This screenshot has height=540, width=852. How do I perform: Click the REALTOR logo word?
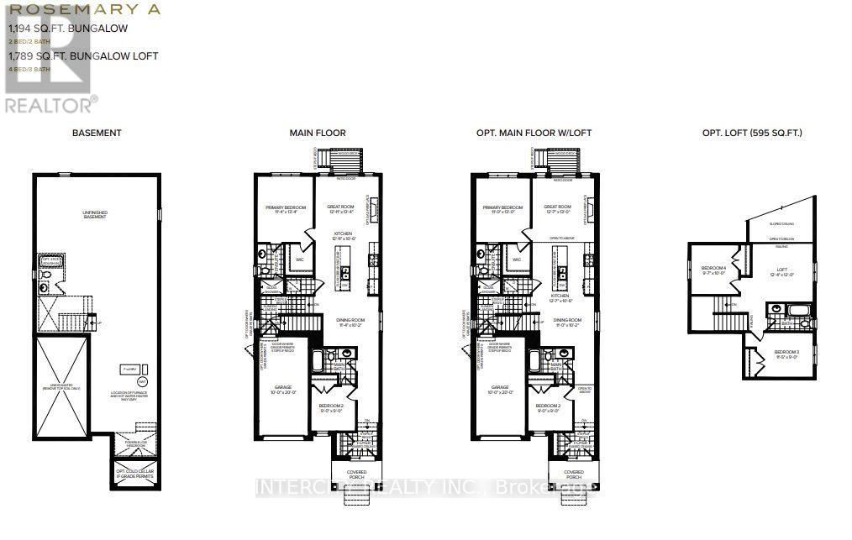point(49,106)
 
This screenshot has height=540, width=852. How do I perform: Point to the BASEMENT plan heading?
point(97,133)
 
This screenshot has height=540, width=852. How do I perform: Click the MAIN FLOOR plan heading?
point(317,133)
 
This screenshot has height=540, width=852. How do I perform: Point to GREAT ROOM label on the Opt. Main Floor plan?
point(557,209)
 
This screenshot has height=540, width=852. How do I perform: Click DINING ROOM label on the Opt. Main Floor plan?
point(568,322)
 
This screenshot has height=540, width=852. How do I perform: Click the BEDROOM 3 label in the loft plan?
point(786,353)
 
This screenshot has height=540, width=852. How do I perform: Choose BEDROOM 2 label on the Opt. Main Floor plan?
point(549,409)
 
